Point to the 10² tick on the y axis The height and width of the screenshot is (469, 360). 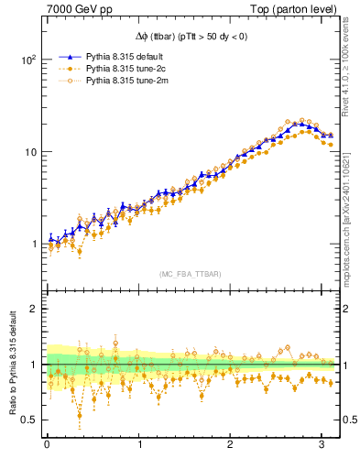27,60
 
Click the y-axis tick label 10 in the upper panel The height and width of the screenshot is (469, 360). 29,152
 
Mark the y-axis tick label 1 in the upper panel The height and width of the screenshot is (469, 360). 32,245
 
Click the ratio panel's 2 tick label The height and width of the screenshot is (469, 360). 32,309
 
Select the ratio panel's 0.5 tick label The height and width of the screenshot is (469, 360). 27,420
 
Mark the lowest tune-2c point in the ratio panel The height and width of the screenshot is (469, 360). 81,415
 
